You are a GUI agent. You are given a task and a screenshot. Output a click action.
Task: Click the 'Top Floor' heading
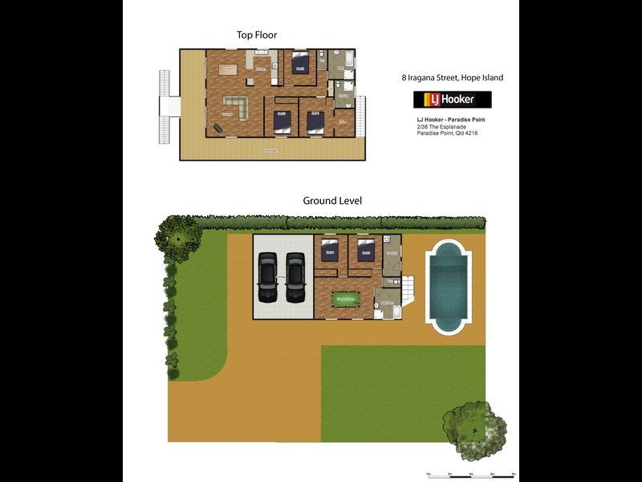pyautogui.click(x=257, y=35)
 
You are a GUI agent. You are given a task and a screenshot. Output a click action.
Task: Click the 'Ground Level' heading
pyautogui.click(x=331, y=201)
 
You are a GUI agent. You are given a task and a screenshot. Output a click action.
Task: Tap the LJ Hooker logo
pyautogui.click(x=452, y=100)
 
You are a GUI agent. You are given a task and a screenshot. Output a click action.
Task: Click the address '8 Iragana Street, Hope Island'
pyautogui.click(x=452, y=78)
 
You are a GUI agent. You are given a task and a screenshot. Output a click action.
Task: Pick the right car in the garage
pyautogui.click(x=295, y=278)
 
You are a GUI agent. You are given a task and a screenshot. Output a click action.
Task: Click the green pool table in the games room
pyautogui.click(x=345, y=300)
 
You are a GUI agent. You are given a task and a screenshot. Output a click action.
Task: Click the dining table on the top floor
pyautogui.click(x=228, y=70)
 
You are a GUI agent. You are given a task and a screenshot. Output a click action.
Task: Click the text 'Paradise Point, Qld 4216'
pyautogui.click(x=447, y=134)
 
